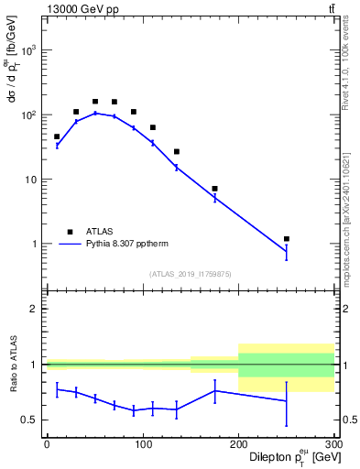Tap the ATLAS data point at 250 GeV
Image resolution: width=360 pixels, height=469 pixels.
(287, 239)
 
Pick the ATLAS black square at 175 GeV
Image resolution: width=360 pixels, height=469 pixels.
(214, 189)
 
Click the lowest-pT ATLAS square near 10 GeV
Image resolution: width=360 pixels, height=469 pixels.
(57, 136)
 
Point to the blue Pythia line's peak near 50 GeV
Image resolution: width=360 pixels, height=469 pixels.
(95, 113)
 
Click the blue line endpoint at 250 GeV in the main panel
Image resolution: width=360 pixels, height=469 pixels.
(287, 252)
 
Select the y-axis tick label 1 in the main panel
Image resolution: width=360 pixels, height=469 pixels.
(34, 245)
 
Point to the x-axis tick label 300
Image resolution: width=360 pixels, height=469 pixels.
(333, 443)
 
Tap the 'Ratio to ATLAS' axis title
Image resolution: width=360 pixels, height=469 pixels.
(12, 365)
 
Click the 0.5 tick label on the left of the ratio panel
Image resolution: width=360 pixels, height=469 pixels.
(29, 420)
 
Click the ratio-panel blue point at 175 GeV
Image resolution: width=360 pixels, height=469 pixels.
(214, 390)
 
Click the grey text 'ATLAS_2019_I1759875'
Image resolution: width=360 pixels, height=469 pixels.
(191, 273)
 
